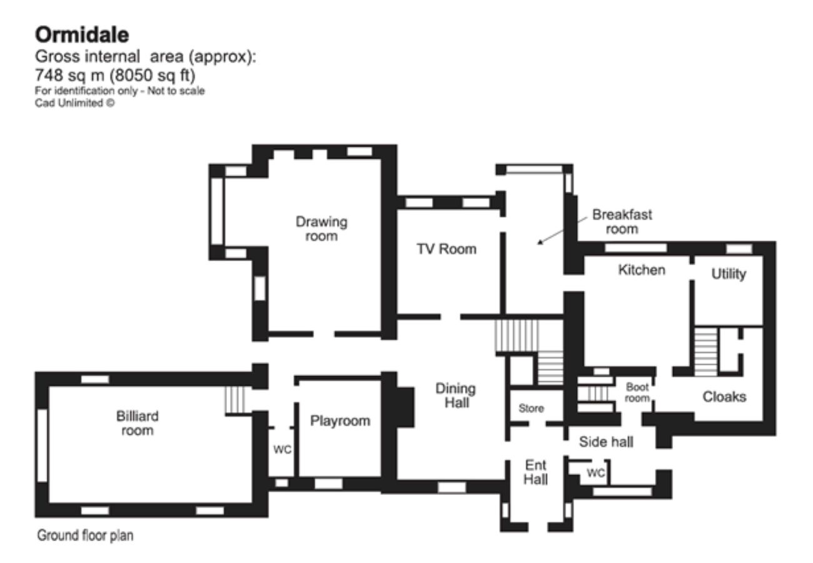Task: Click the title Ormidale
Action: pyautogui.click(x=81, y=34)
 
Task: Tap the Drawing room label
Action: pyautogui.click(x=321, y=229)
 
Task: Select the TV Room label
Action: pyautogui.click(x=447, y=249)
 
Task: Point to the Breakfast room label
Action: pyautogui.click(x=622, y=221)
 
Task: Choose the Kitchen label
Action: pyautogui.click(x=642, y=270)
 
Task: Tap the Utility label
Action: pyautogui.click(x=729, y=274)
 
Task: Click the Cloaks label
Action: pyautogui.click(x=724, y=397)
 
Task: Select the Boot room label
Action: pyautogui.click(x=637, y=392)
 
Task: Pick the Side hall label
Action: pyautogui.click(x=606, y=442)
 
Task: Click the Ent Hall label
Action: pyautogui.click(x=536, y=472)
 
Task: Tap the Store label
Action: pyautogui.click(x=532, y=408)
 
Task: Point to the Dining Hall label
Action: pyautogui.click(x=455, y=395)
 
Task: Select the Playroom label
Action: pyautogui.click(x=340, y=421)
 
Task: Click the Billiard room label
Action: pyautogui.click(x=137, y=423)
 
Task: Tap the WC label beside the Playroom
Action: pyautogui.click(x=283, y=450)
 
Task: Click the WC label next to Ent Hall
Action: pyautogui.click(x=595, y=474)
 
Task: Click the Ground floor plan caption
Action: pyautogui.click(x=85, y=535)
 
